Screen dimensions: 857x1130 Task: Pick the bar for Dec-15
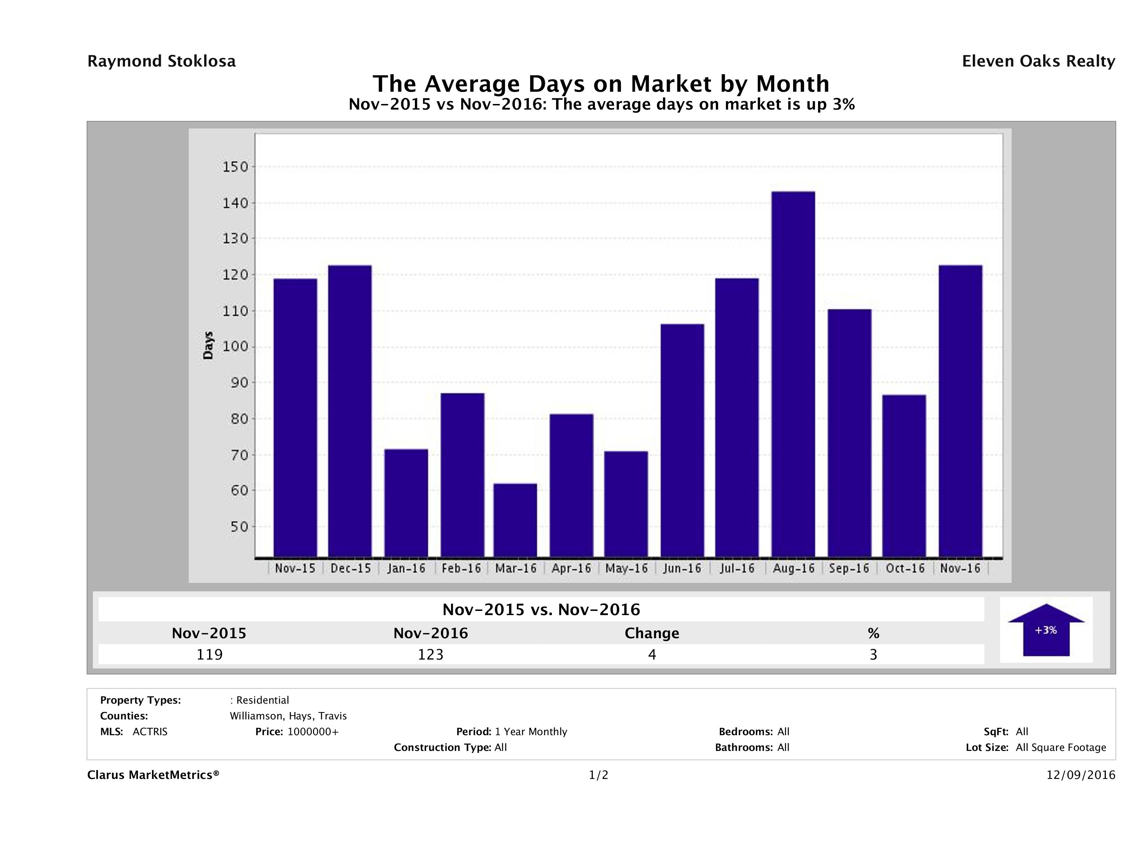click(x=350, y=411)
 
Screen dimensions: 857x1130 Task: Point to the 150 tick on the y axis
click(x=235, y=167)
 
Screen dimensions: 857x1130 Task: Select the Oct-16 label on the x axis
click(x=905, y=569)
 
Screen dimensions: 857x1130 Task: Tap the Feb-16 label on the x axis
click(x=461, y=569)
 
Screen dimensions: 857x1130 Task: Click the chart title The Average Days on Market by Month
click(x=601, y=83)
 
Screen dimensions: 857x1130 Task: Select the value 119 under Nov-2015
click(x=209, y=654)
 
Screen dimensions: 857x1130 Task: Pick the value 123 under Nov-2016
click(x=431, y=654)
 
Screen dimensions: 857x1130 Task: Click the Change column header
click(x=652, y=633)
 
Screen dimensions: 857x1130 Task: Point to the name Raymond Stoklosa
click(x=161, y=61)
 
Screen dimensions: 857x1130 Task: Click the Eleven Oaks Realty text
click(x=1038, y=61)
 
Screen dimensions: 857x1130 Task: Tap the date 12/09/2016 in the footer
click(x=1080, y=775)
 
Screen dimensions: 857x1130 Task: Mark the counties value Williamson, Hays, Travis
click(x=288, y=716)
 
